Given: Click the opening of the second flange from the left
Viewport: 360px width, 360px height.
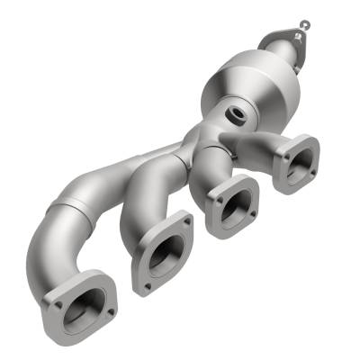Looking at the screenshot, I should pyautogui.click(x=161, y=255).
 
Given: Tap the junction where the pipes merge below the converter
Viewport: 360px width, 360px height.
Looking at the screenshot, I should pyautogui.click(x=193, y=144).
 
